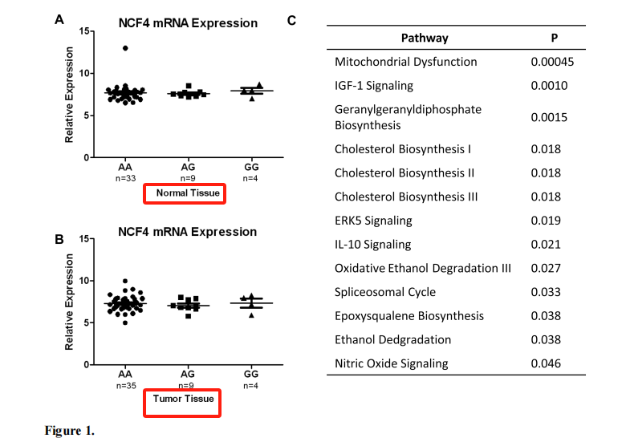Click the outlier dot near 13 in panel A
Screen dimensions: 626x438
pyautogui.click(x=125, y=48)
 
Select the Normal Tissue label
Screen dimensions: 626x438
pyautogui.click(x=188, y=193)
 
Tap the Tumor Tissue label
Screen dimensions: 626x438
pyautogui.click(x=184, y=399)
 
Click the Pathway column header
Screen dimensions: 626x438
pyautogui.click(x=425, y=38)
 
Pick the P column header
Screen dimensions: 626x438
pyautogui.click(x=554, y=38)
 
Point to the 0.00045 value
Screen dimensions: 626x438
pyautogui.click(x=552, y=62)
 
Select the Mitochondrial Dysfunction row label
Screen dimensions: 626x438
pyautogui.click(x=405, y=62)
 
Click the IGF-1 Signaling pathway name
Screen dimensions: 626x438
pyautogui.click(x=374, y=86)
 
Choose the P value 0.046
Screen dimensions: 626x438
pyautogui.click(x=546, y=363)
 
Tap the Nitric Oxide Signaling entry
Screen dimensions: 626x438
pyautogui.click(x=392, y=363)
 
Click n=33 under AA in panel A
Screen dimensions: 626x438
pyautogui.click(x=126, y=178)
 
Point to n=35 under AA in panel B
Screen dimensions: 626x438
pyautogui.click(x=126, y=386)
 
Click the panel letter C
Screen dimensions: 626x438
pyautogui.click(x=291, y=20)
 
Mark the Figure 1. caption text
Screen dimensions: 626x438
pyautogui.click(x=70, y=431)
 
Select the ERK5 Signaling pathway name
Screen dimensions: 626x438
pyautogui.click(x=373, y=221)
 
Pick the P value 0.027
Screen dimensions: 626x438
pyautogui.click(x=546, y=268)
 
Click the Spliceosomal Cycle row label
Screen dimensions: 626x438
pyautogui.click(x=385, y=292)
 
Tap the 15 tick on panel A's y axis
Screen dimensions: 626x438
pyautogui.click(x=84, y=31)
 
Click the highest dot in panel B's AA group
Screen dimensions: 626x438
pyautogui.click(x=125, y=282)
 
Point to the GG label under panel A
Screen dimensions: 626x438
pyautogui.click(x=251, y=167)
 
